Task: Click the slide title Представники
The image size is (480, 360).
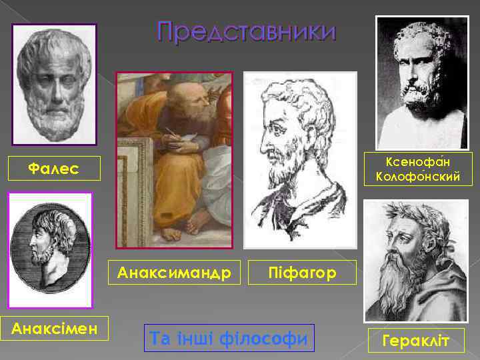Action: coord(247,32)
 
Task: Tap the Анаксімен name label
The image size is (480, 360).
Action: coord(54,328)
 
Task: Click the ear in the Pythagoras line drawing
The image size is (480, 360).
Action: coord(299,127)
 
